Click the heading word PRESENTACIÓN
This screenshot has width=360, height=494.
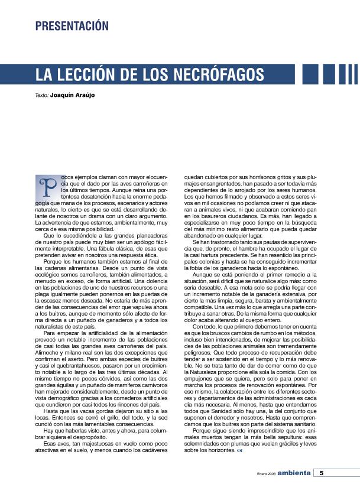coord(72,26)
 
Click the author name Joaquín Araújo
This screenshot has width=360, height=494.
coord(73,95)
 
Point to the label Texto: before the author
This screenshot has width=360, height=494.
coord(41,95)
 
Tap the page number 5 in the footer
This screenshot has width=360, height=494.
coord(321,473)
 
